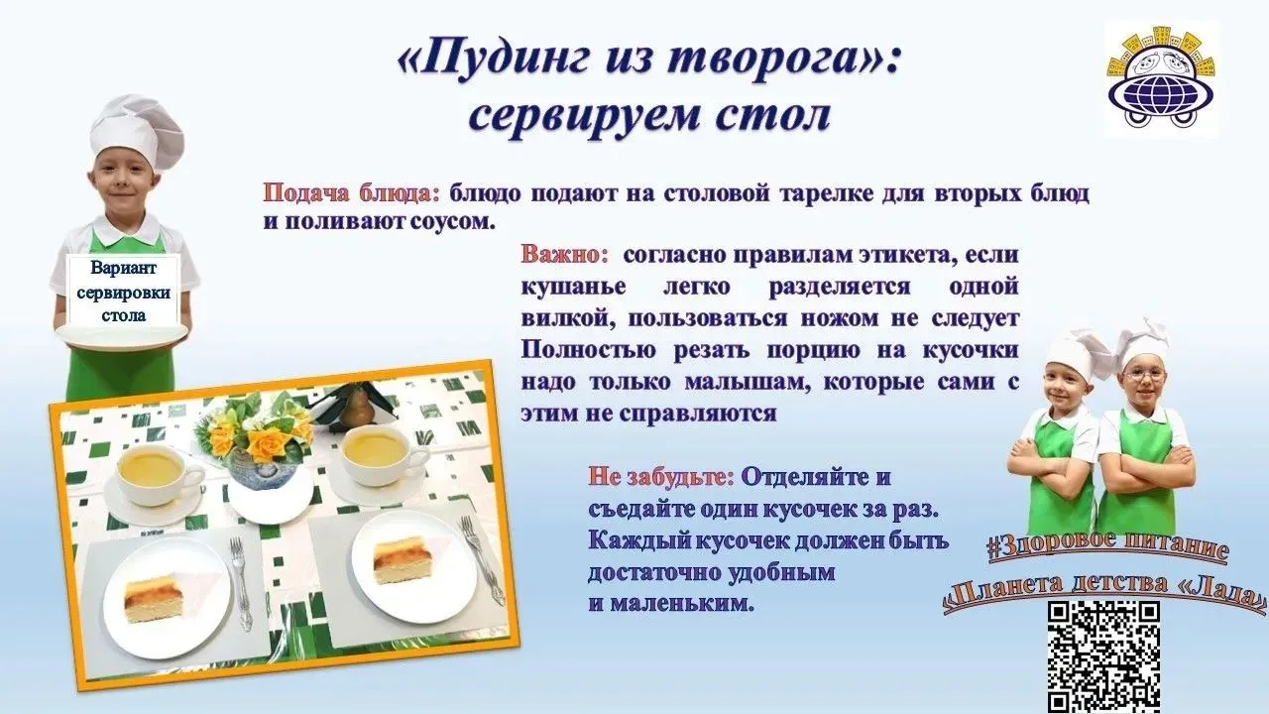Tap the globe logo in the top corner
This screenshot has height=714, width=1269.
[x=1161, y=80]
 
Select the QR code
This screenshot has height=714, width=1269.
[x=1102, y=657]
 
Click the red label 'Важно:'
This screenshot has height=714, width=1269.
[x=564, y=255]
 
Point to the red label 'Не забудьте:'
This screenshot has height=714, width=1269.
[x=660, y=477]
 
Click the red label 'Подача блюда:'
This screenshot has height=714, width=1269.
[x=351, y=193]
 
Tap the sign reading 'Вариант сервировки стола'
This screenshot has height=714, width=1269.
[x=124, y=292]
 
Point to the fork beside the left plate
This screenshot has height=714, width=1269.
[x=240, y=581]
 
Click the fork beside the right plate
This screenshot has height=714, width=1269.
[x=482, y=558]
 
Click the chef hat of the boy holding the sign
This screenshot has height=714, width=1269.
[x=136, y=130]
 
